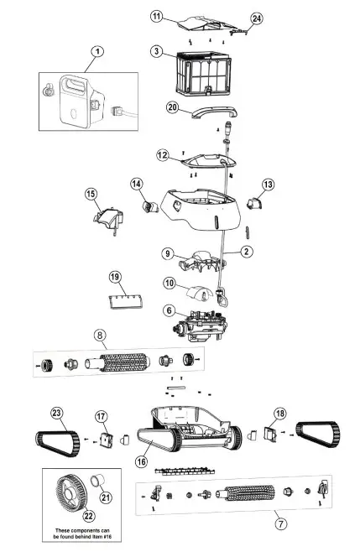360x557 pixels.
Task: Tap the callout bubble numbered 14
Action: click(x=136, y=184)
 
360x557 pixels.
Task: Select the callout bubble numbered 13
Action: click(x=268, y=185)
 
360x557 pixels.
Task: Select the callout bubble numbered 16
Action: click(x=142, y=461)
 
